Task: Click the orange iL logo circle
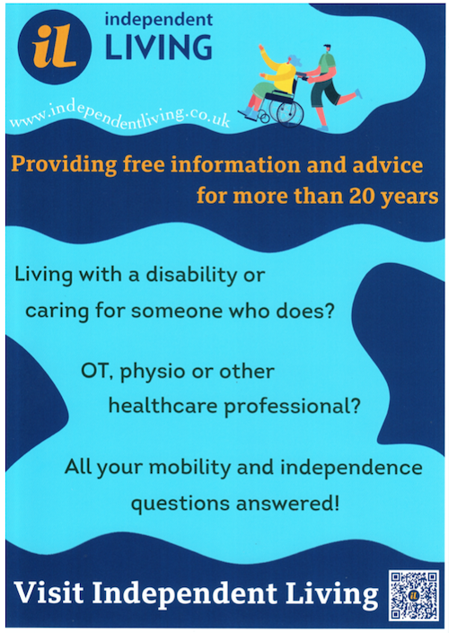[x=55, y=47]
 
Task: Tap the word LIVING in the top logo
[x=159, y=48]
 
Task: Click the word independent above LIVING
[x=159, y=20]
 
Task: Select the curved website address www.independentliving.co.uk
[x=120, y=115]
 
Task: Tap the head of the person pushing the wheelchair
[x=327, y=48]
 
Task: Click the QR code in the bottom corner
[x=414, y=595]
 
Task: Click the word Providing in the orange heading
[x=64, y=164]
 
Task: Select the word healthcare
[x=163, y=405]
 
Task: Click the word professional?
[x=292, y=407]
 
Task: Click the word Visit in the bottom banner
[x=48, y=593]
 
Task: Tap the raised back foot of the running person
[x=357, y=93]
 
